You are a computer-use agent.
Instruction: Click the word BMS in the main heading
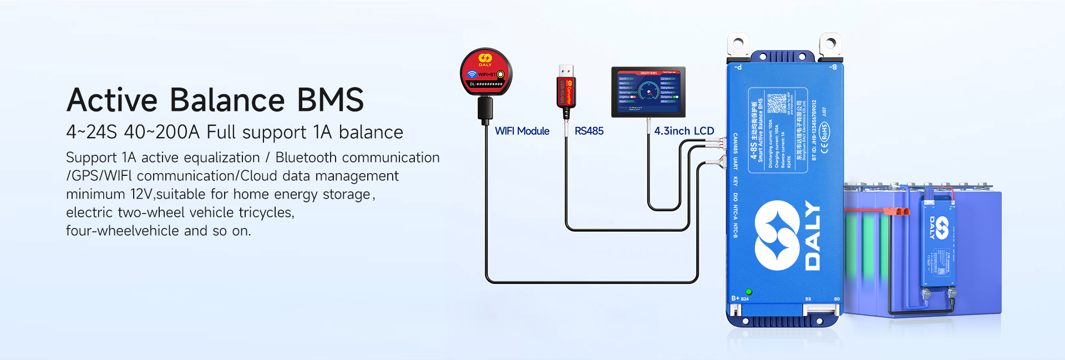(331, 100)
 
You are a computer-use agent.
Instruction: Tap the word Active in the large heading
(113, 100)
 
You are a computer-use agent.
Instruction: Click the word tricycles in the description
(265, 212)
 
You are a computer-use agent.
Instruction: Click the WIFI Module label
(522, 131)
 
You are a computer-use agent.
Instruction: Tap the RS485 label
(589, 131)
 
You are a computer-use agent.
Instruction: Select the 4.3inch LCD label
(684, 131)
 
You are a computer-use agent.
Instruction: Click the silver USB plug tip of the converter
(566, 70)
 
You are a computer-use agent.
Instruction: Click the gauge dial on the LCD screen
(648, 90)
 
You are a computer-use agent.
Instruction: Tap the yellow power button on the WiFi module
(500, 74)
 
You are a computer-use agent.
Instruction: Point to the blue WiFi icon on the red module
(472, 74)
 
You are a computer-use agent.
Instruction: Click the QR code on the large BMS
(777, 103)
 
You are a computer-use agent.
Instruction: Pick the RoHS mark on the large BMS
(825, 133)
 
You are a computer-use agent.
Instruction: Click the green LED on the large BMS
(749, 292)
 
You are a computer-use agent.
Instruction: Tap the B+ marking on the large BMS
(735, 298)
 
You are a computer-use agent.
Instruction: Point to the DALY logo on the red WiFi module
(485, 59)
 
